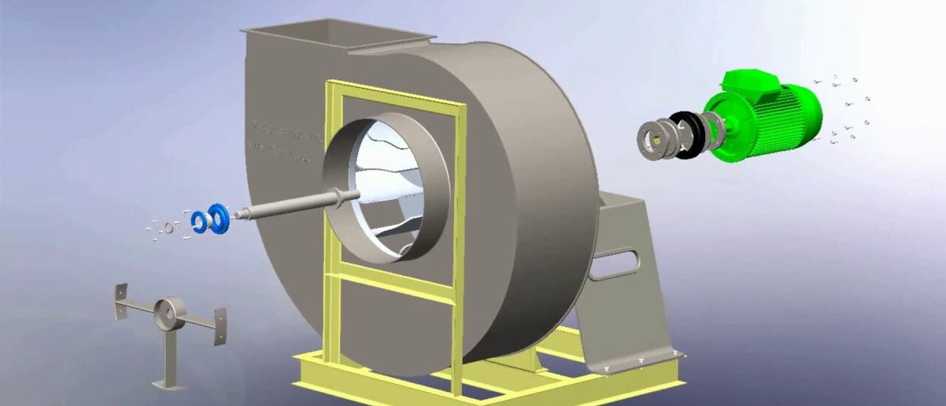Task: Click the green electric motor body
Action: [x=769, y=122]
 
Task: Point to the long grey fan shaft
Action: [x=288, y=205]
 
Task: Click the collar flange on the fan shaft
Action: [x=338, y=196]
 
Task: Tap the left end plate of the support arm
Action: [x=120, y=301]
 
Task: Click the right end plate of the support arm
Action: [x=220, y=326]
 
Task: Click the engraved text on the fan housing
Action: [x=285, y=140]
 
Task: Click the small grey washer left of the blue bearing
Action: [x=169, y=227]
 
